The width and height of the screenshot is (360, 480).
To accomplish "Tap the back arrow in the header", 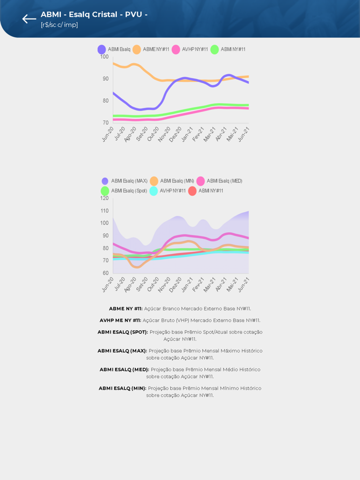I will [29, 19].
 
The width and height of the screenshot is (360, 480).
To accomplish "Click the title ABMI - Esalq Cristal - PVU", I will [94, 14].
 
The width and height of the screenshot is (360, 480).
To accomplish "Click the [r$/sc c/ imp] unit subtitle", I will [59, 25].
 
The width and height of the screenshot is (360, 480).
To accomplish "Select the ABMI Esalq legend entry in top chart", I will [114, 49].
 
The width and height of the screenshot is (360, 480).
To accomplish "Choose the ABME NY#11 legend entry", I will [151, 49].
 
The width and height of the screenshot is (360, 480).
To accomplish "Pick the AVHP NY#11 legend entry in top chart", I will [190, 49].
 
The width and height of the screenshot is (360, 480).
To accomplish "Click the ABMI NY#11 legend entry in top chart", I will [228, 49].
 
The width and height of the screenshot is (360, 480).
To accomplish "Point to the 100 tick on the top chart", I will [104, 57].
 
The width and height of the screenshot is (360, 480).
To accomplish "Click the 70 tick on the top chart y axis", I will [105, 123].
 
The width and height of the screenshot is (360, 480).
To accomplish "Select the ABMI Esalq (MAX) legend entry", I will [124, 181].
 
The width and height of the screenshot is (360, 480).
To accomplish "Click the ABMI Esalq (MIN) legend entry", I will [172, 181].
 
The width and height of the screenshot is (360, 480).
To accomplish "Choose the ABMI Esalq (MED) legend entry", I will [220, 181].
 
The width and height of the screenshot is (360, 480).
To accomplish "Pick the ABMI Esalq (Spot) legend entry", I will [124, 191].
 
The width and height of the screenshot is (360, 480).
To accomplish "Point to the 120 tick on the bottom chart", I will [104, 198].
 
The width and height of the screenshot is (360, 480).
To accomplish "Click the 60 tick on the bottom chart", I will [105, 273].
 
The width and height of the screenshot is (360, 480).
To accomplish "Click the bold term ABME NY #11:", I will [125, 309].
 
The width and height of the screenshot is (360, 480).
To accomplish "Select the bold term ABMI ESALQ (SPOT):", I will [122, 332].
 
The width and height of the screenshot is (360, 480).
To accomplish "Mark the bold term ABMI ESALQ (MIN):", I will [122, 389].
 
